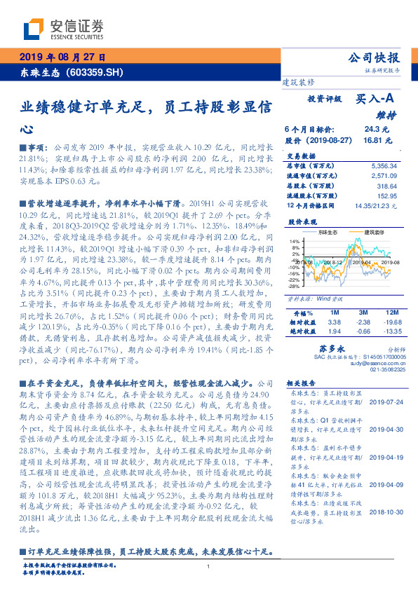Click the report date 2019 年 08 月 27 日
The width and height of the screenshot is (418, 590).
62,57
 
